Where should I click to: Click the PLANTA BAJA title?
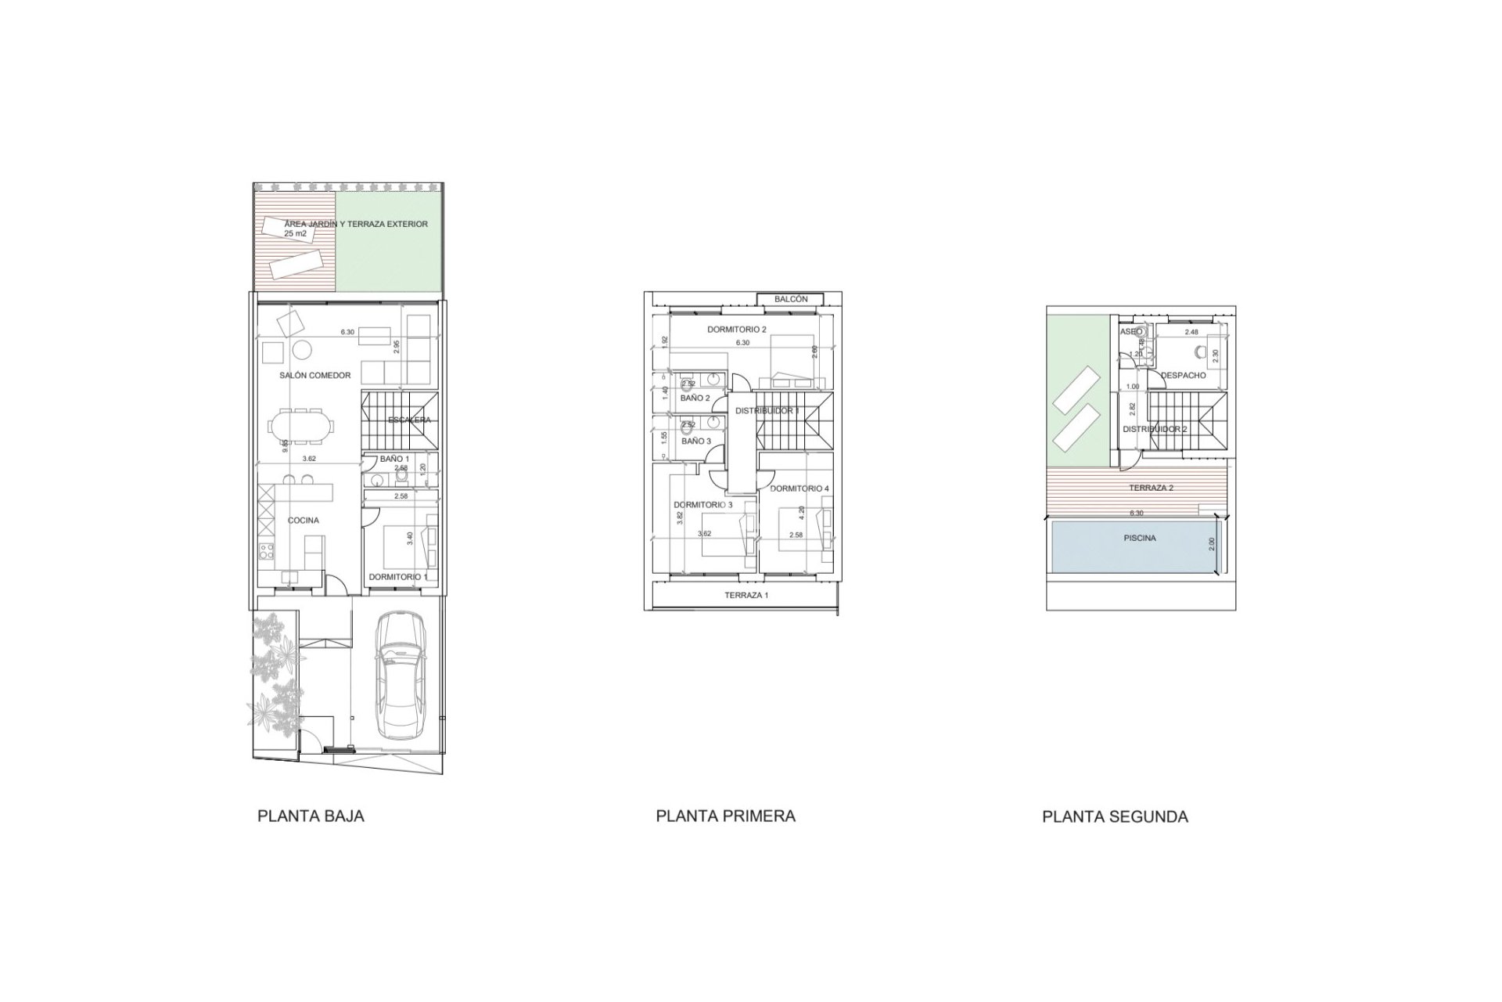(311, 816)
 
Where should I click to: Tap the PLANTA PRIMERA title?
(725, 816)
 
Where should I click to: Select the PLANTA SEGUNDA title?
(1115, 816)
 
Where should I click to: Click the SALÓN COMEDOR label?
(315, 376)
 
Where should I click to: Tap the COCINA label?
(303, 521)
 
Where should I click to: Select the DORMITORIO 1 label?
(398, 577)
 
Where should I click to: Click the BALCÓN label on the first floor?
(791, 299)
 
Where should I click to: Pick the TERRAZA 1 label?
(746, 596)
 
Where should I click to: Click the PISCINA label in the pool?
(1140, 539)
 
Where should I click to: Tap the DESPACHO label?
(1183, 376)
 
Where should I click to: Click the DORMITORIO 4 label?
(799, 488)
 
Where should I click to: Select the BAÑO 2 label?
(695, 398)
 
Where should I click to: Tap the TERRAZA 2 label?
(1151, 488)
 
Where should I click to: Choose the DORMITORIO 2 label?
(736, 330)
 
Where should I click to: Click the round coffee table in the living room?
(300, 349)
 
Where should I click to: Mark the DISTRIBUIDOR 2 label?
(1155, 430)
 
